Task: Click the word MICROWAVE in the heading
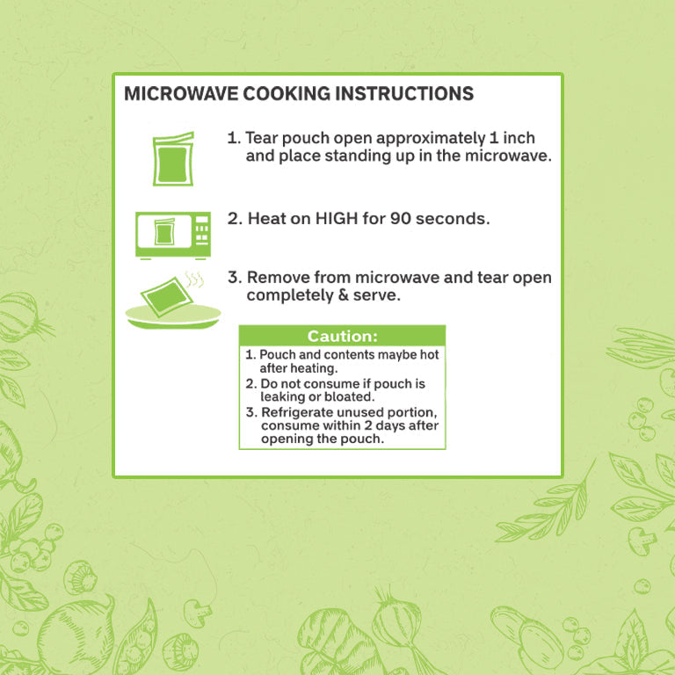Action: click(x=181, y=94)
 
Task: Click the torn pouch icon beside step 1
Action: click(x=173, y=159)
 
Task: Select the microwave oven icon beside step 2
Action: click(x=173, y=236)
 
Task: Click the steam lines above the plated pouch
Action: click(x=194, y=279)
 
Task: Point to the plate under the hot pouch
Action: click(x=173, y=316)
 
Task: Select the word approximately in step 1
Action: click(x=431, y=139)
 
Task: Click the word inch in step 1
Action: click(x=519, y=138)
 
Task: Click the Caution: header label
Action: click(x=342, y=337)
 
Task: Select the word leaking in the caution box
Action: click(x=283, y=397)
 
